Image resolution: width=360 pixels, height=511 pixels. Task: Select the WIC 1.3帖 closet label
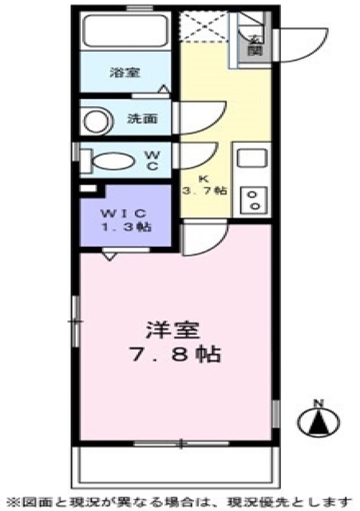[124, 219]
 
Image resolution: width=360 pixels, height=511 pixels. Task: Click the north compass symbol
[317, 419]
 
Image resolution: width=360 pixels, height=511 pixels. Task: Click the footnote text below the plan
[180, 500]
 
